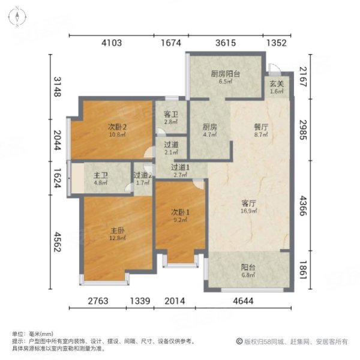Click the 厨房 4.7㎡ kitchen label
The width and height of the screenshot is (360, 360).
[209, 131]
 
